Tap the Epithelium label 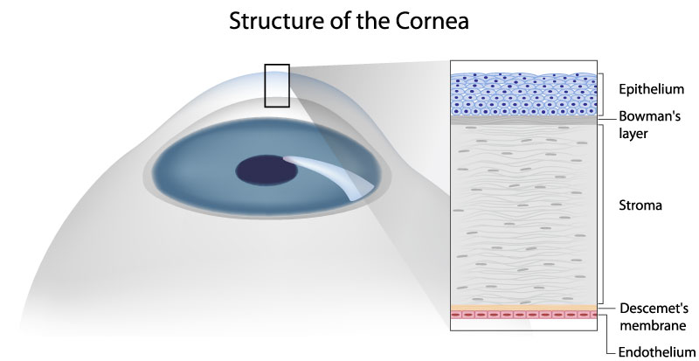(x=652, y=90)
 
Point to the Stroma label (x=640, y=207)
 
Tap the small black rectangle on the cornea (x=277, y=85)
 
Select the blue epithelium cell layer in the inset (x=523, y=94)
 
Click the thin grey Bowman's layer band (x=523, y=120)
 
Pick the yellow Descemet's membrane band (x=523, y=306)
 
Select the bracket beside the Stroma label (x=602, y=210)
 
